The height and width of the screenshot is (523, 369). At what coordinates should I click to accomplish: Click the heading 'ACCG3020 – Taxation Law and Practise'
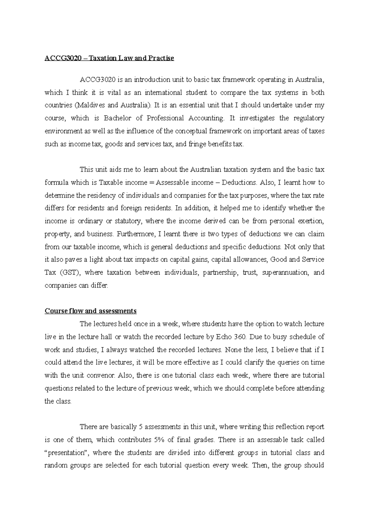tap(109, 58)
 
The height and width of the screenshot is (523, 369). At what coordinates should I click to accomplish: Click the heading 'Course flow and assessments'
tap(90, 311)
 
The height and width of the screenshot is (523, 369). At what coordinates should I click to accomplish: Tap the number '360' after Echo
tap(240, 337)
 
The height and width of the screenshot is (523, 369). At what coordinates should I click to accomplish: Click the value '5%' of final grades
tap(158, 440)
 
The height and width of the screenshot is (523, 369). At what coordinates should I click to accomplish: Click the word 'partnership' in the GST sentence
tap(220, 273)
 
